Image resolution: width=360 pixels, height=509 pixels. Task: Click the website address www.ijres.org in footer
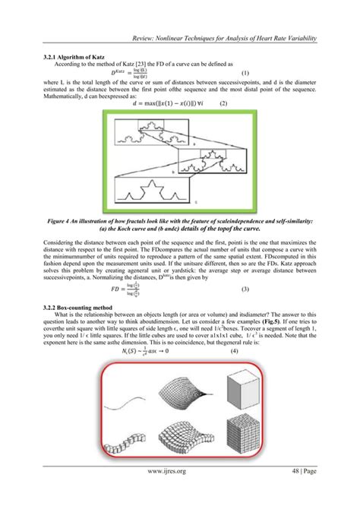pyautogui.click(x=180, y=491)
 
